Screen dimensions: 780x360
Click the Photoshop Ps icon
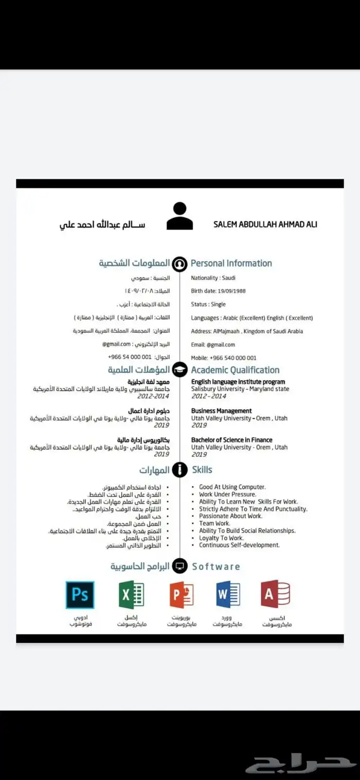coord(80,595)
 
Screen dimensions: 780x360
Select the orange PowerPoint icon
coord(181,595)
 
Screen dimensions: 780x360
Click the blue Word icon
coord(228,595)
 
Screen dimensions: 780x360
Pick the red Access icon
coord(276,595)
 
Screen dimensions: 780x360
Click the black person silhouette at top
coord(179,216)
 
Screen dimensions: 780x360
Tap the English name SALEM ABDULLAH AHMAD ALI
coord(265,225)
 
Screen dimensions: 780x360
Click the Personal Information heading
coord(231,263)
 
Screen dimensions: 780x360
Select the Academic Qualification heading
coord(235,370)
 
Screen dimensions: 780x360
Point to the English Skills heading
coord(202,470)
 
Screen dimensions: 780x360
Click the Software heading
coord(216,566)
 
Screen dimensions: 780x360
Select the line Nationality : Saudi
coord(213,278)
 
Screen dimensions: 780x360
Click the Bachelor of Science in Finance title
coord(231,440)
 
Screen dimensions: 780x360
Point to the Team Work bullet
coord(214,523)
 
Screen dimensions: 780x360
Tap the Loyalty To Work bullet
coord(221,538)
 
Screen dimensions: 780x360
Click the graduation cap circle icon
coord(179,369)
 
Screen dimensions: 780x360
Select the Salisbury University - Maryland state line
coord(240,389)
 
